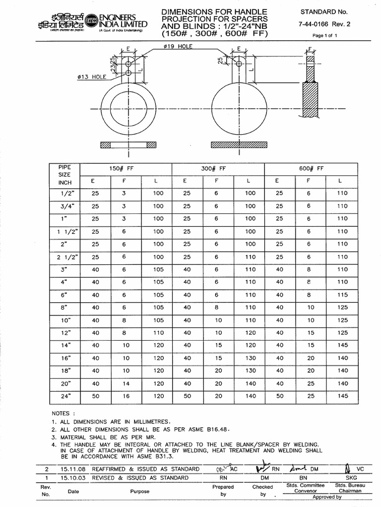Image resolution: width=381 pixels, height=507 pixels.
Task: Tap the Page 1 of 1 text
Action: (324, 36)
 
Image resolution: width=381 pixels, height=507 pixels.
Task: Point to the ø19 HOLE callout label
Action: (177, 46)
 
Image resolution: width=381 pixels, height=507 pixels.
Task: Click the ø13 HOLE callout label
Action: (92, 77)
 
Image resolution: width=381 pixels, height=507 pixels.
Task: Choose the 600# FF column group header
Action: (312, 168)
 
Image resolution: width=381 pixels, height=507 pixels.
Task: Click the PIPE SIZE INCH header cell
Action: (65, 175)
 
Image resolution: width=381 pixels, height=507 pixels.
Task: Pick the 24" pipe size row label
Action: (65, 396)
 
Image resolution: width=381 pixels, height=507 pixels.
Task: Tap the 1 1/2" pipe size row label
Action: (65, 231)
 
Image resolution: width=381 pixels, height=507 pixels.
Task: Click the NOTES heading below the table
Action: (63, 413)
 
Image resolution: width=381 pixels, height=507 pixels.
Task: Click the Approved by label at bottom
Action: (325, 497)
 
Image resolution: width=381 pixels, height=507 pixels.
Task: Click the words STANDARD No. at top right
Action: (325, 11)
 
